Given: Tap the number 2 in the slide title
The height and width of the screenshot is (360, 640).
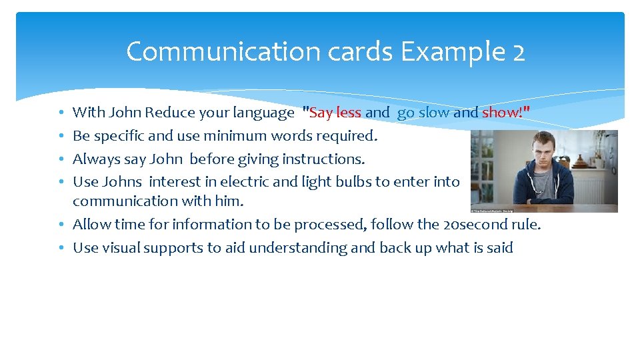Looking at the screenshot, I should coord(519,51).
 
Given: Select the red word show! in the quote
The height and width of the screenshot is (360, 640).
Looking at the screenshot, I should coord(502,113).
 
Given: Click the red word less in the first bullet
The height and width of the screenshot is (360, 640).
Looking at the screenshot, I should coord(349,113).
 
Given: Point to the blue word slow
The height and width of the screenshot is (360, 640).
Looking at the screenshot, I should coord(434,113).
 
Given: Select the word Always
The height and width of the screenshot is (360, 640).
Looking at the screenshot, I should coord(94,159).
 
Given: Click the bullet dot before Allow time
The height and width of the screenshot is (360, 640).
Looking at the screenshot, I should coord(61,225).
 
